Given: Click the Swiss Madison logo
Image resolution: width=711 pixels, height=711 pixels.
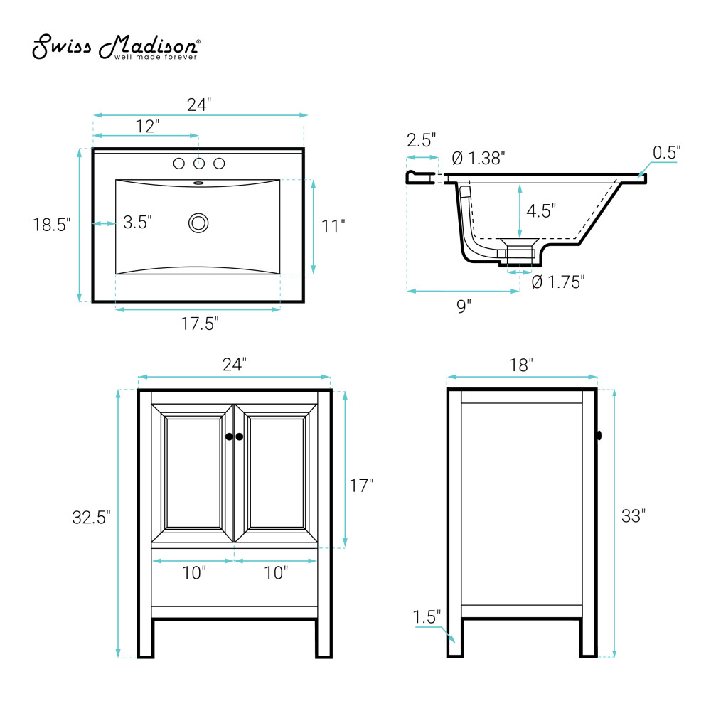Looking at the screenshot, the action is coord(116,46).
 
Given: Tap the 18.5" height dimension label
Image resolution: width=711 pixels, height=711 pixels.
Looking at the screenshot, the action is coord(51,225).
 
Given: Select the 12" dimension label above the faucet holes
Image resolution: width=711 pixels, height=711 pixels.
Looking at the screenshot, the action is coord(147,126).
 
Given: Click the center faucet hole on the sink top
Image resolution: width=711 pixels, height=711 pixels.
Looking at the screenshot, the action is coord(198,164).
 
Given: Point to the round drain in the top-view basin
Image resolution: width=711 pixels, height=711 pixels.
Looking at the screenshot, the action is coord(198,223).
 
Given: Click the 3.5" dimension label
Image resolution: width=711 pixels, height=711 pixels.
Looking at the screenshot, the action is coord(137,222).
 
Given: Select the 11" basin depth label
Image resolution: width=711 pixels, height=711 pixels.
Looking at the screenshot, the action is coord(333,226).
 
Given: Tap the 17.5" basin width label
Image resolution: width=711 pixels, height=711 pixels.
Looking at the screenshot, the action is coord(200,324).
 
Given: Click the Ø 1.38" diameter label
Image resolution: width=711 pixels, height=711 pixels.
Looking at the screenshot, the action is coord(479,159).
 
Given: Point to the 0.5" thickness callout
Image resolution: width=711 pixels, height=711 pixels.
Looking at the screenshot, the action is coord(667,153).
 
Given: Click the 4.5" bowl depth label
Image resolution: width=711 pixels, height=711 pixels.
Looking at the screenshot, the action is coord(541,211).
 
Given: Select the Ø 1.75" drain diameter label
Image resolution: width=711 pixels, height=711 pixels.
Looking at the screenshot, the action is coord(558,282).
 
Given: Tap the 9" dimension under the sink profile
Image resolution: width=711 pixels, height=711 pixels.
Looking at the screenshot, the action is coord(464,306).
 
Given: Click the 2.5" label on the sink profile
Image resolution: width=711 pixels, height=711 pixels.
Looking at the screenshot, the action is coord(421,140).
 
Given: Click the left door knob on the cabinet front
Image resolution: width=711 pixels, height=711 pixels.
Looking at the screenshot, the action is coord(229,437).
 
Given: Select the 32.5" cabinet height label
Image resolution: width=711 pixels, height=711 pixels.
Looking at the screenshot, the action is coord(91,518).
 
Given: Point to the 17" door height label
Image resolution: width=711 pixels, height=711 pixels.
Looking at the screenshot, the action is coord(361,486).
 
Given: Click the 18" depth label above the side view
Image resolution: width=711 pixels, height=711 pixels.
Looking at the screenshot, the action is coord(521,365).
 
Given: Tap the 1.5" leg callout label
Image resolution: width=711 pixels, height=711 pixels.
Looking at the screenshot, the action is coord(426,616).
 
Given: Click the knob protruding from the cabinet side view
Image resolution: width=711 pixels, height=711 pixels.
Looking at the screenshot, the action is coord(599,436).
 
